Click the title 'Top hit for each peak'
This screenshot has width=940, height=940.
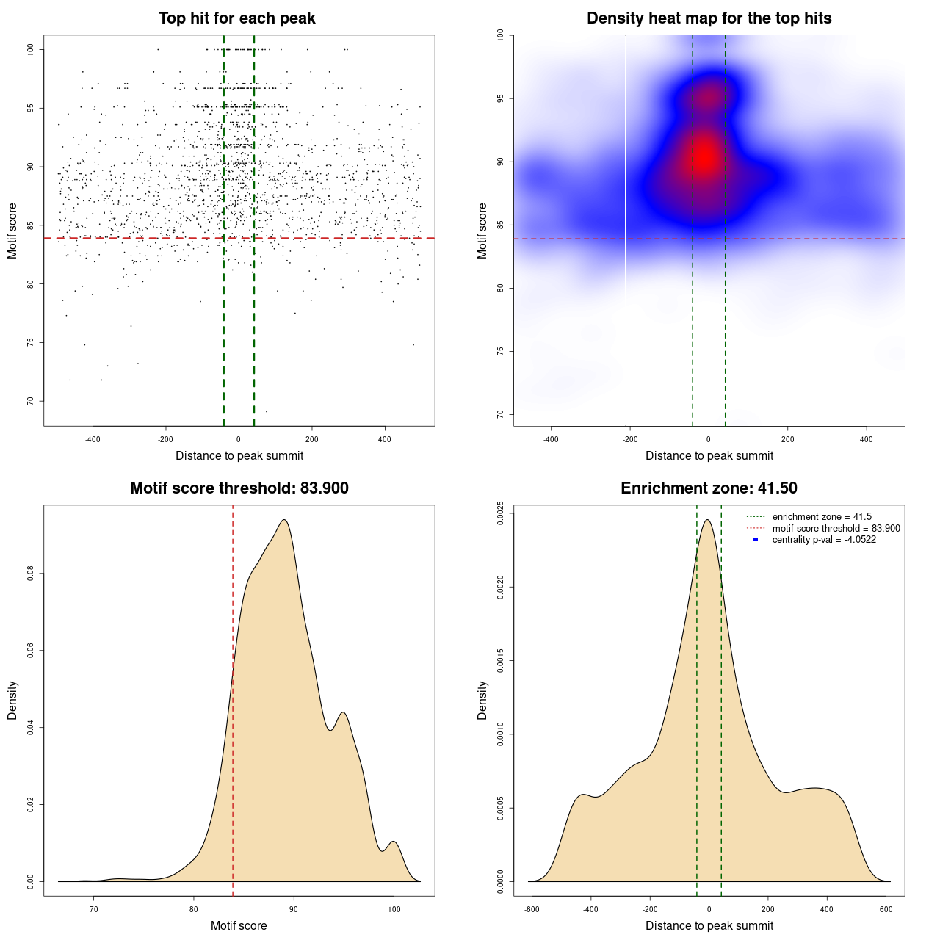[236, 18]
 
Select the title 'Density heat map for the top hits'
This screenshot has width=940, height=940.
[709, 18]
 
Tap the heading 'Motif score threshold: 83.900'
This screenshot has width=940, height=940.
[239, 488]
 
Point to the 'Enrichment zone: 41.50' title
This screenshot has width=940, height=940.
[709, 488]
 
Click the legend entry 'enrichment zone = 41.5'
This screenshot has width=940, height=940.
[822, 517]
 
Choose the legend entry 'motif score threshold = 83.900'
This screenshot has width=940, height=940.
[836, 528]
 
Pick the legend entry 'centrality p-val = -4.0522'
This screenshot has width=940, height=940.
[824, 540]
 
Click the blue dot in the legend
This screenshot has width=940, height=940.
[756, 540]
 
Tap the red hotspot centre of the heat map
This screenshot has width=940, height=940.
[706, 156]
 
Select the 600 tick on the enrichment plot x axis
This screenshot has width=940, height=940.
[886, 909]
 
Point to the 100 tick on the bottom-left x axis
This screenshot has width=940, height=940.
[394, 909]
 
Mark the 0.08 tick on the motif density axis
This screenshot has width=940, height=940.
[31, 574]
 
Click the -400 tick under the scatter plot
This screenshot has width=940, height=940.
[93, 439]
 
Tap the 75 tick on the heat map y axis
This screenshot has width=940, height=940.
[501, 351]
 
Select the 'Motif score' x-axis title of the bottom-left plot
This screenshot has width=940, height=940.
[239, 925]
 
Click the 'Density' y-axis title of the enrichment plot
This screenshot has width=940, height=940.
[482, 700]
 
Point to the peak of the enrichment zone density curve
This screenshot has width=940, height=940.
[707, 520]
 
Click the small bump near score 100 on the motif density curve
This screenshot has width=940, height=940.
[394, 842]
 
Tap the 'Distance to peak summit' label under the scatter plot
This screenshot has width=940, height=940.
[239, 455]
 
